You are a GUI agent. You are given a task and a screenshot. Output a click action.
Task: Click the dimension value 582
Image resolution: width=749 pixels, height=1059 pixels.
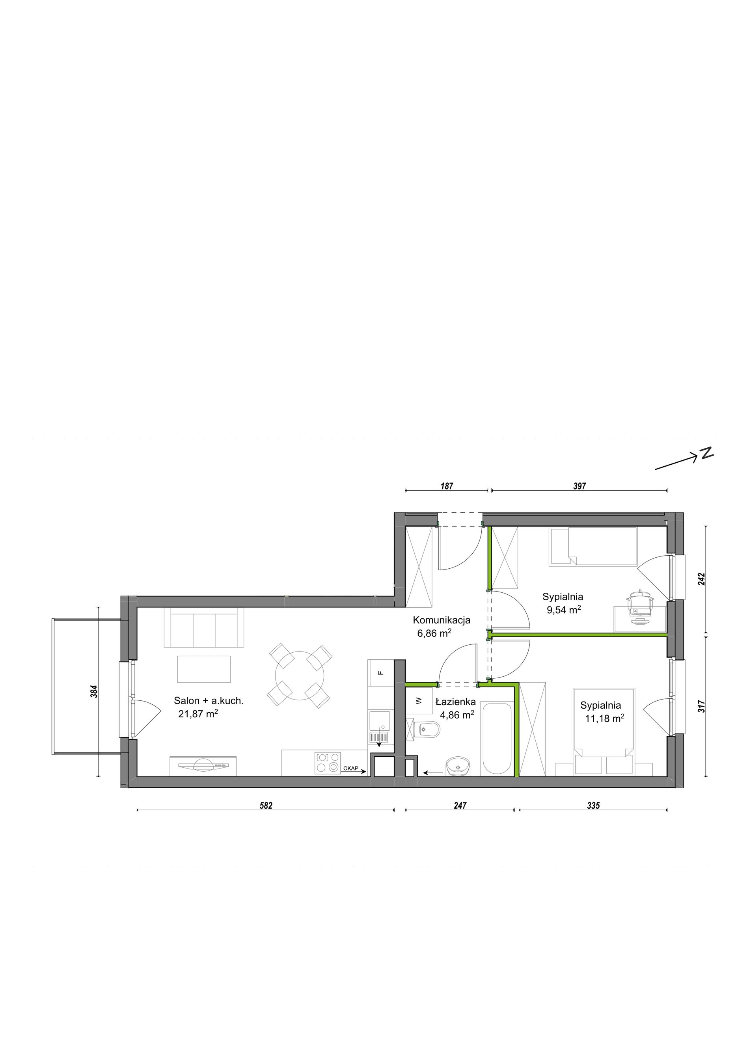click(266, 806)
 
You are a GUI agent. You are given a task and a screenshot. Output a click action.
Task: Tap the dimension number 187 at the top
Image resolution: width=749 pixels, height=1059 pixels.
click(447, 486)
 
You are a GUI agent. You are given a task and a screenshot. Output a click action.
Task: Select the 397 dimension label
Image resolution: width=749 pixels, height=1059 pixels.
click(579, 486)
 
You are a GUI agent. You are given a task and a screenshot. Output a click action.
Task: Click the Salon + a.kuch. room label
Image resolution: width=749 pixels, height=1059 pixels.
click(209, 701)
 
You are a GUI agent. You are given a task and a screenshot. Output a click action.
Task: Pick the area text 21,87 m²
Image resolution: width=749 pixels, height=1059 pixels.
click(198, 715)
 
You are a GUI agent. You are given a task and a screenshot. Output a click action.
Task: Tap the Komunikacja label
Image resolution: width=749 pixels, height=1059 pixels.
click(442, 620)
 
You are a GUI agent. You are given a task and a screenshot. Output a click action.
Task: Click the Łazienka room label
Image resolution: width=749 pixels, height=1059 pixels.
click(456, 702)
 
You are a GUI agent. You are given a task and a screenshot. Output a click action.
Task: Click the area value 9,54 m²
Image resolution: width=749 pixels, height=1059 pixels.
click(563, 610)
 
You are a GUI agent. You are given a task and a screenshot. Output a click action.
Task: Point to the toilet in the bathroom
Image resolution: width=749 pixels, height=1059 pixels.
click(423, 730)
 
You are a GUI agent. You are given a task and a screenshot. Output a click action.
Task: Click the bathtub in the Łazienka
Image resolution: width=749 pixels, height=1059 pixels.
click(497, 739)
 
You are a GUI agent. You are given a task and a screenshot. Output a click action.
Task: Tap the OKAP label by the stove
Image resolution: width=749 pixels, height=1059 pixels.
click(350, 769)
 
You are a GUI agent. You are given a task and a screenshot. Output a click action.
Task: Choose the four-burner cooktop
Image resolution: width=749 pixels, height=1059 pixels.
click(328, 763)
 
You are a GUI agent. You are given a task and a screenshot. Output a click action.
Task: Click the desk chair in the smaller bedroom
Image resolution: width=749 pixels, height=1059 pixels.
click(641, 603)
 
